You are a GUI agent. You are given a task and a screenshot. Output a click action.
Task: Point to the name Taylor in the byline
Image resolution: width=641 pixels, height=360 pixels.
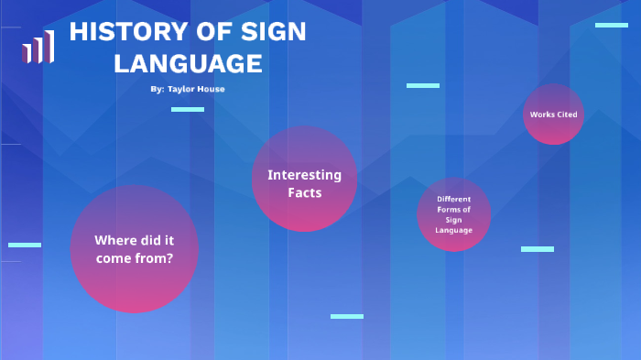[182, 89]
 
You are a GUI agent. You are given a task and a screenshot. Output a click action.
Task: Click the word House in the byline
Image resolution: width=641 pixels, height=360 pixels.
[212, 89]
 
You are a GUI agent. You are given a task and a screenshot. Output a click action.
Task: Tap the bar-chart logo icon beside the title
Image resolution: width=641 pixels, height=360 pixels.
[38, 48]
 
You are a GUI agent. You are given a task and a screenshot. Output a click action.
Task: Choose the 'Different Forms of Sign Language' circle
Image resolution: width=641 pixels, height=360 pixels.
[453, 214]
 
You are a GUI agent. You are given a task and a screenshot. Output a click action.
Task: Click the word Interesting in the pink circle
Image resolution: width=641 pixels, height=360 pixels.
[304, 174]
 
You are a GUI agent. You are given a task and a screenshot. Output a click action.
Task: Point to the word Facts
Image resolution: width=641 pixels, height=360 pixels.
[304, 192]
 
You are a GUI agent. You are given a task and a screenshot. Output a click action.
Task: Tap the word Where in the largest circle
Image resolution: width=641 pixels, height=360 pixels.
[114, 240]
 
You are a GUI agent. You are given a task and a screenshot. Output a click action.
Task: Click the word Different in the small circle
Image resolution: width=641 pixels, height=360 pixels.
[453, 199]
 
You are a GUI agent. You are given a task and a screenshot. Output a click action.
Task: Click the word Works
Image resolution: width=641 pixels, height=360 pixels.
[541, 115]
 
